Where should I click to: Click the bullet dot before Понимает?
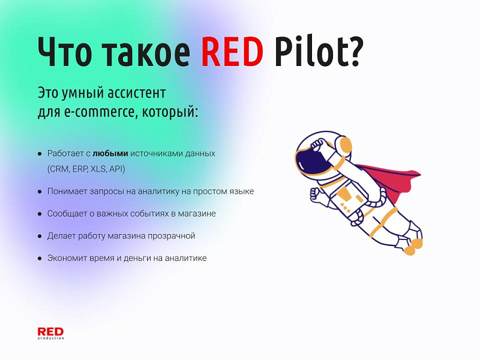coord(40,191)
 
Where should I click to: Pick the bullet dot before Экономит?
coord(40,258)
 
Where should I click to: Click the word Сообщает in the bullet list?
coord(68,214)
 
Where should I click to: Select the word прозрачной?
coord(170,236)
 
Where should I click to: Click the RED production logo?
coord(50,333)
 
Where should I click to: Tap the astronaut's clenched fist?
coord(316,193)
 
